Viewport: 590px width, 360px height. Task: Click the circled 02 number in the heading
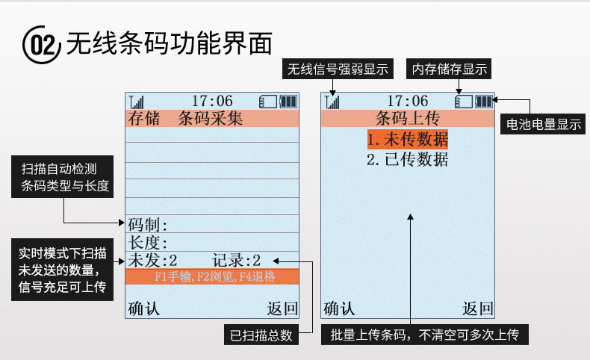[40, 46]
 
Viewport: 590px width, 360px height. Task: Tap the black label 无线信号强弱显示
[338, 69]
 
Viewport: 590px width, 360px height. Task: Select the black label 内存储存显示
[449, 69]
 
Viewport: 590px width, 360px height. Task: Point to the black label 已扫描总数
[260, 335]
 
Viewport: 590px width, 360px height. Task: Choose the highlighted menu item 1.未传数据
[408, 139]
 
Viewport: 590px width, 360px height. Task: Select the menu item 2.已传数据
[408, 159]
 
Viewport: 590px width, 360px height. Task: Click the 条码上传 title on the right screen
[407, 118]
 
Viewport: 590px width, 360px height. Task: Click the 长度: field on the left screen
[148, 243]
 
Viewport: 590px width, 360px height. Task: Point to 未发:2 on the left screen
[153, 261]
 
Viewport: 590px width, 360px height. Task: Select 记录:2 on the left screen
[237, 261]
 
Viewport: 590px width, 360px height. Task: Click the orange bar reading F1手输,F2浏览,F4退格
[212, 277]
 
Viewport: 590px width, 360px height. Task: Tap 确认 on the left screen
[144, 308]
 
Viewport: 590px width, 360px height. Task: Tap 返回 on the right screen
[478, 308]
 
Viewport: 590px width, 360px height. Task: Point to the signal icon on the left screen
[136, 102]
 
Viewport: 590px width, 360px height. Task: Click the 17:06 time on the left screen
[212, 101]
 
